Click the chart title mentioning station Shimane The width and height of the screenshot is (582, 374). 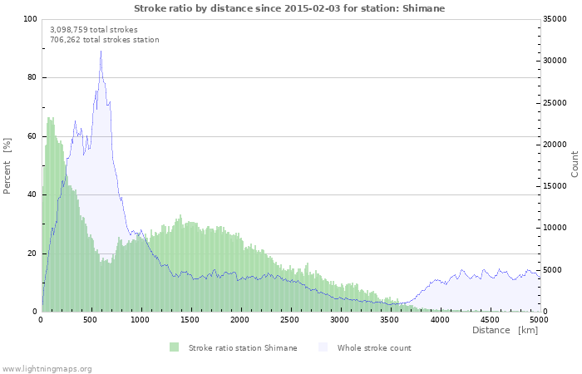click(x=290, y=8)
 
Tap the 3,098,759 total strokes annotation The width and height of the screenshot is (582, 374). click(x=94, y=29)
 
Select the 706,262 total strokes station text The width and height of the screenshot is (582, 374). click(x=105, y=40)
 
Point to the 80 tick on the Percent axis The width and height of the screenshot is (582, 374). click(x=32, y=78)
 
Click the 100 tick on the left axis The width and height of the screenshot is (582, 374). click(x=30, y=19)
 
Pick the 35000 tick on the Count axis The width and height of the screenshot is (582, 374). click(x=556, y=19)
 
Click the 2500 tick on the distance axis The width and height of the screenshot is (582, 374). click(x=290, y=319)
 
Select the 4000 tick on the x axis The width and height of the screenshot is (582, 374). click(x=439, y=319)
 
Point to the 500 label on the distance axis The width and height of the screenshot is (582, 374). click(x=91, y=319)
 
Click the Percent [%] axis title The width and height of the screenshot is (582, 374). click(x=7, y=165)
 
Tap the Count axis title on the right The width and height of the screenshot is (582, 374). click(x=575, y=164)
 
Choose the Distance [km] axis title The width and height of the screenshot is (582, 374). click(x=506, y=331)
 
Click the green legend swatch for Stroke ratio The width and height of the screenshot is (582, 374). click(x=174, y=347)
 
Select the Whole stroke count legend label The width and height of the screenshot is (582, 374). click(x=374, y=347)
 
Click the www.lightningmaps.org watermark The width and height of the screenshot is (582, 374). click(x=47, y=368)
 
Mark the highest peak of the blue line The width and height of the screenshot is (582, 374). click(x=101, y=52)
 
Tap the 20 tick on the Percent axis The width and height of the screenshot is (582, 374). click(x=32, y=253)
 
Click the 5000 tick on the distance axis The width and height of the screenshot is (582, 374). click(x=538, y=319)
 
